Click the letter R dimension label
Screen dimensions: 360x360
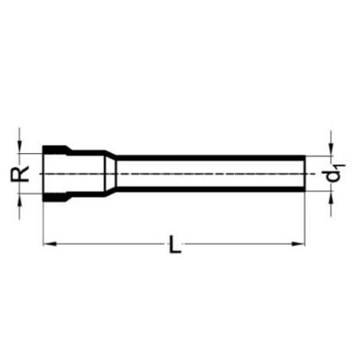pyautogui.click(x=23, y=173)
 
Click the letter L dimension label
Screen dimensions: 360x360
pyautogui.click(x=175, y=247)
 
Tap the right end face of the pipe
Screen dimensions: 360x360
pyautogui.click(x=305, y=173)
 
